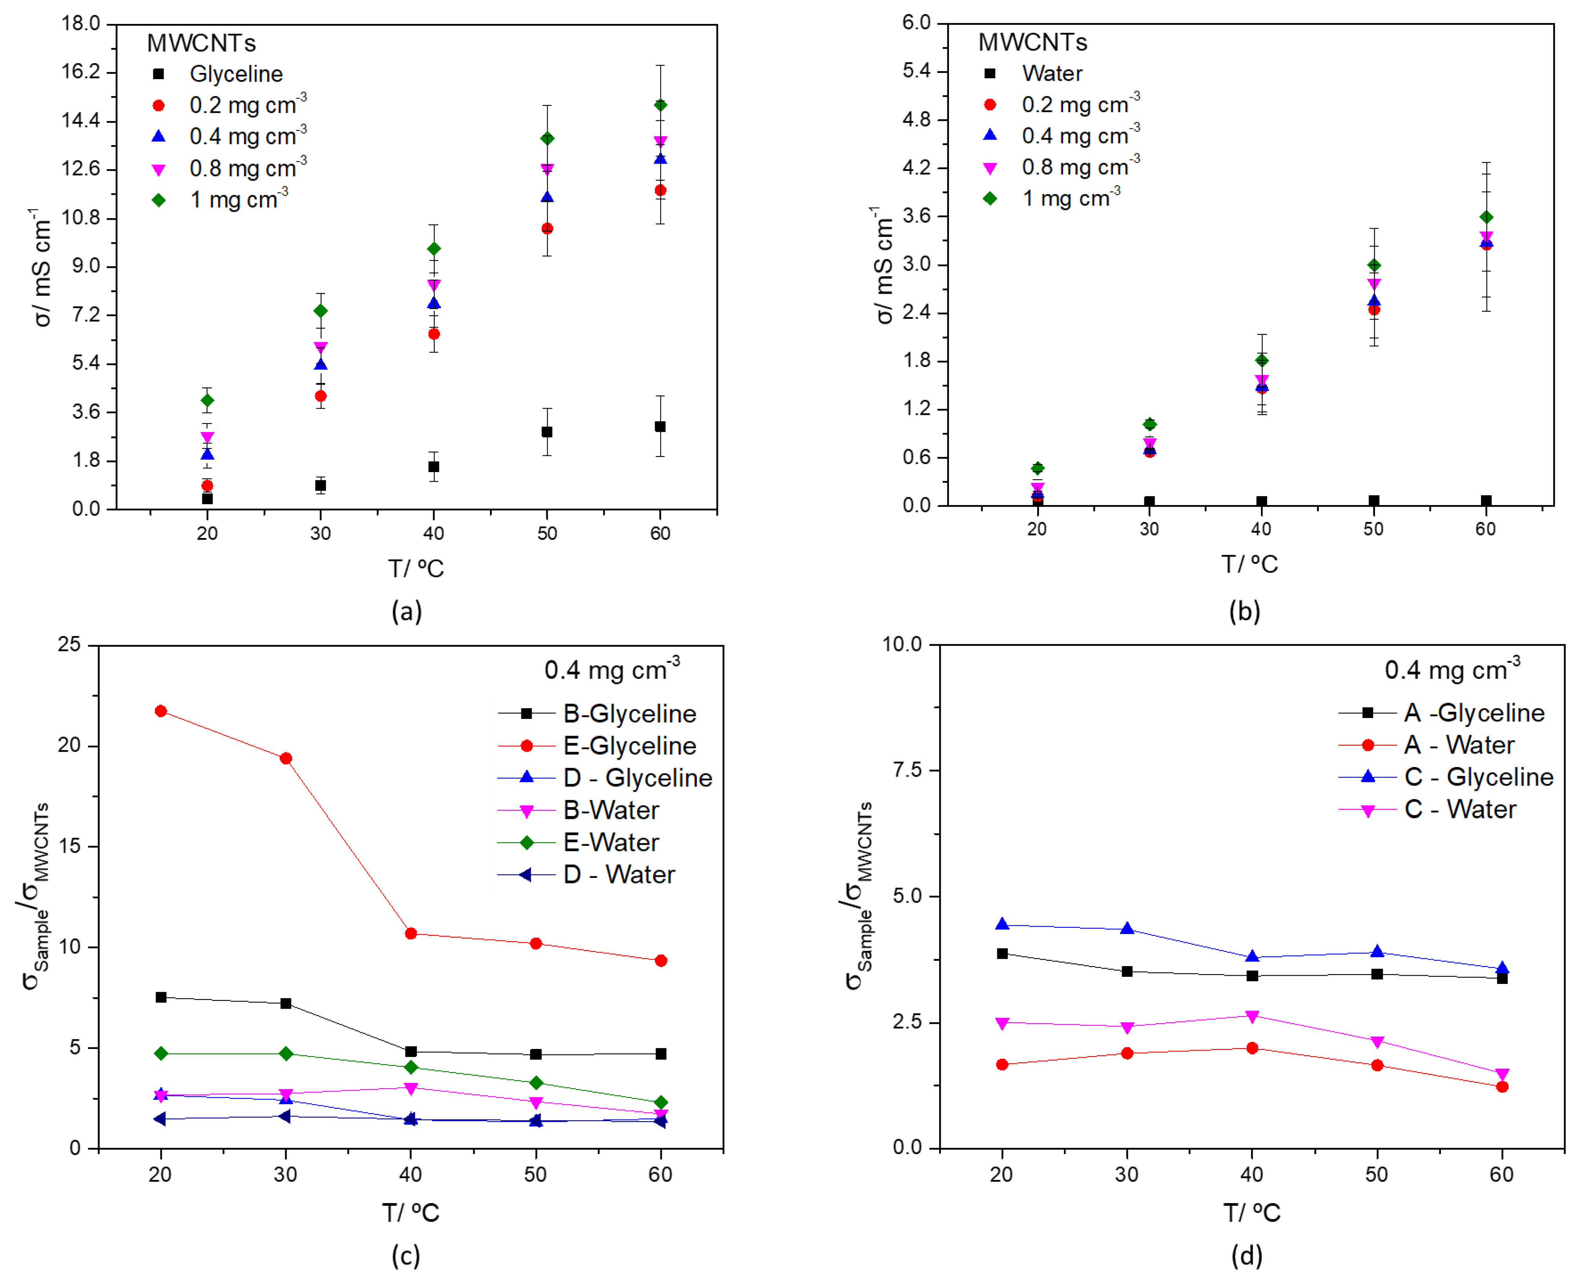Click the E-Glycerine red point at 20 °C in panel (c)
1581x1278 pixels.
[x=160, y=711]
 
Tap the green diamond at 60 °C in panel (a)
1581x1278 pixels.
[x=661, y=105]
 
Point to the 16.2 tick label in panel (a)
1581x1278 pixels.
[x=81, y=71]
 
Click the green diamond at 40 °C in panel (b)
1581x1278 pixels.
[x=1261, y=360]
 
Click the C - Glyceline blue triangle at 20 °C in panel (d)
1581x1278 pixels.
[x=1002, y=925]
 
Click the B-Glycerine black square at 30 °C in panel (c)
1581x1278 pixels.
[x=286, y=1003]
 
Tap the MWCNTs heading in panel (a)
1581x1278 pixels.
[x=201, y=43]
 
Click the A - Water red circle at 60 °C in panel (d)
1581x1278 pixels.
[x=1502, y=1087]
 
